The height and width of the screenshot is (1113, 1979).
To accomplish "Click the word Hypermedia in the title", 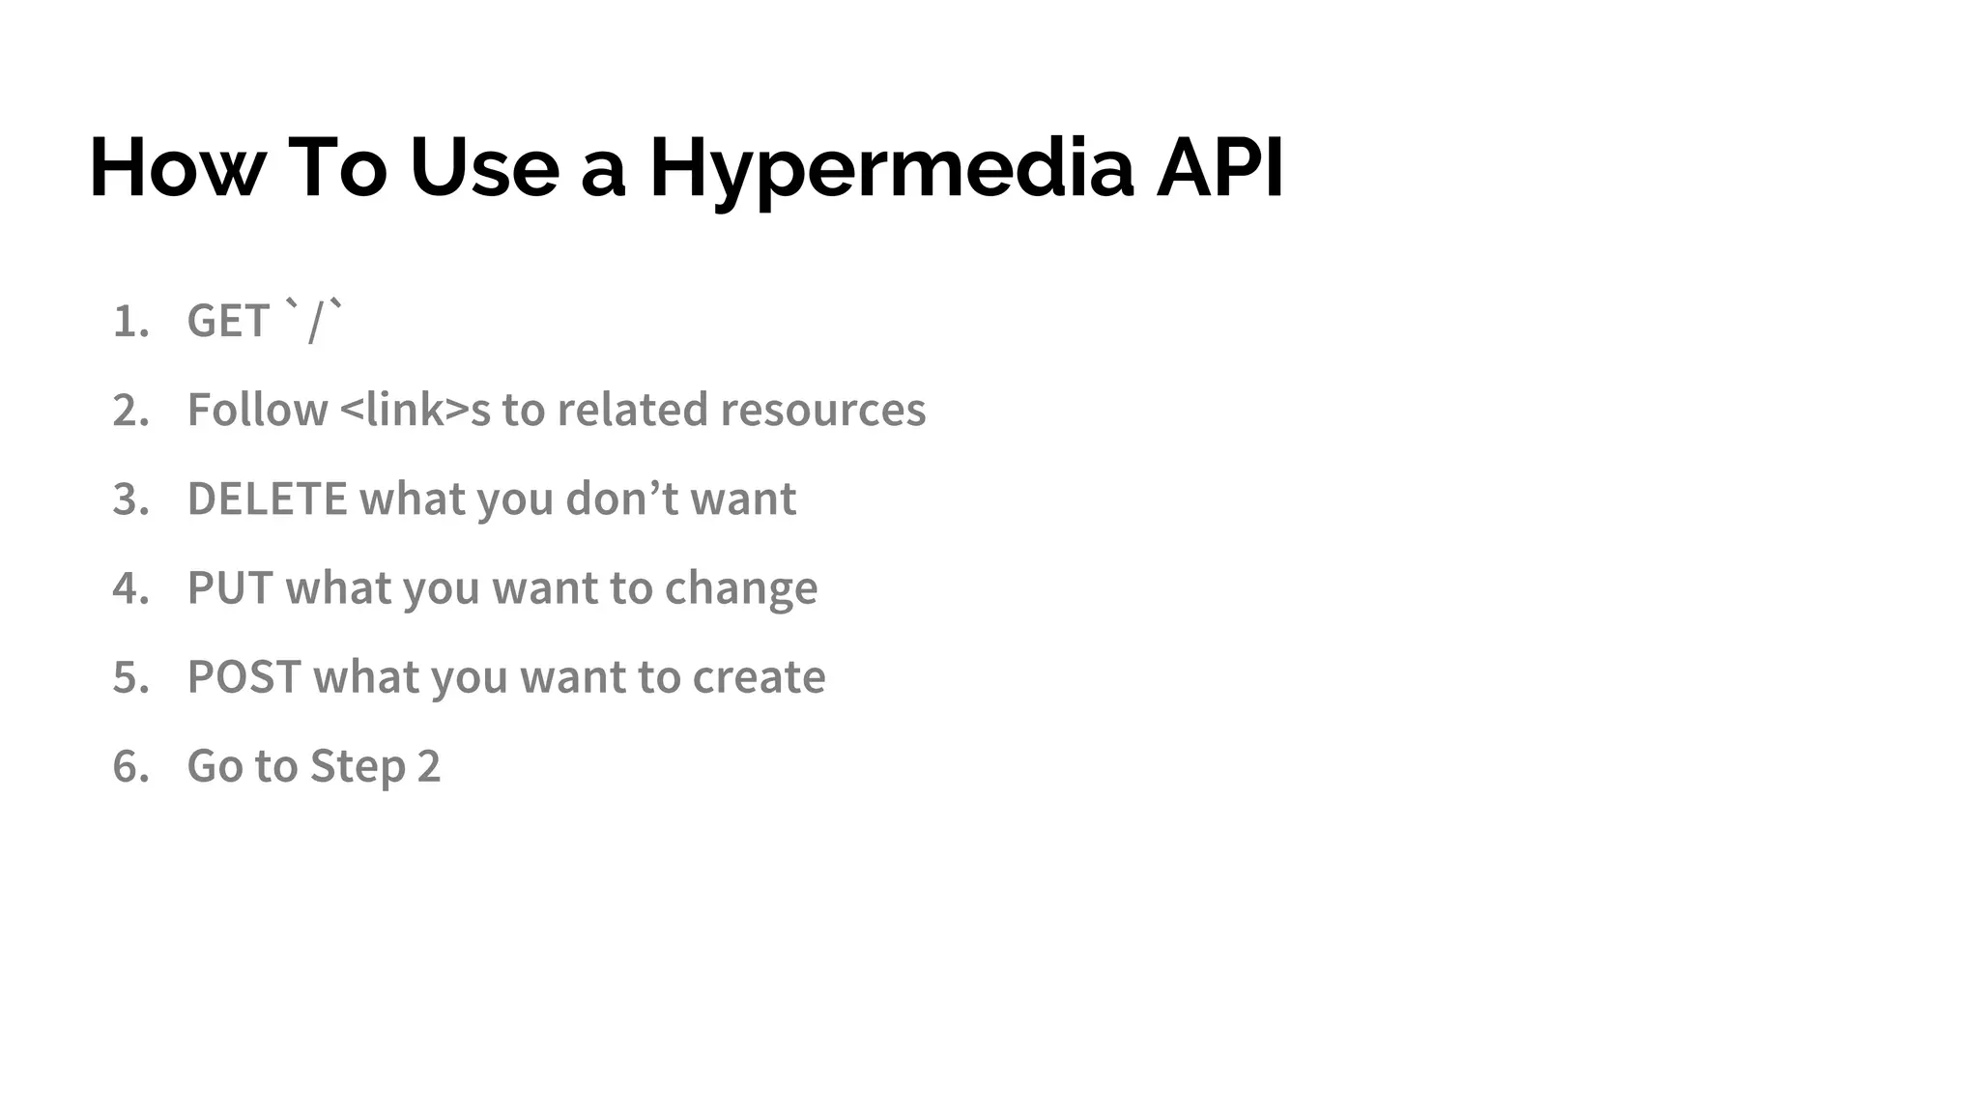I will pos(891,169).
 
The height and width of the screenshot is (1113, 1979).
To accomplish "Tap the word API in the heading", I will pos(1219,167).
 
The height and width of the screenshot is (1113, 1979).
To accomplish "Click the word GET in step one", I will pos(228,321).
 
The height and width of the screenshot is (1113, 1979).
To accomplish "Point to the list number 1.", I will pos(130,322).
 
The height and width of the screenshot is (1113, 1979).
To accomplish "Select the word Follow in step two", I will pos(257,410).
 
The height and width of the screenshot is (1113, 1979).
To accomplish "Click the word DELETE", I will pos(267,499).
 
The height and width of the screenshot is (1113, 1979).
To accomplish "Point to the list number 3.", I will pos(130,499).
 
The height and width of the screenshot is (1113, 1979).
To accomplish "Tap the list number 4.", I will pos(130,588).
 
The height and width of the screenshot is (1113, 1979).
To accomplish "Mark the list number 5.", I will pos(130,677).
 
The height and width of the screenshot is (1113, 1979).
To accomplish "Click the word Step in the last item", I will pos(357,767).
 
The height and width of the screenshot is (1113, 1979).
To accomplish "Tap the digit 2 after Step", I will pos(428,767).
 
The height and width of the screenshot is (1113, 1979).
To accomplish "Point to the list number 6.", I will pos(130,767).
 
